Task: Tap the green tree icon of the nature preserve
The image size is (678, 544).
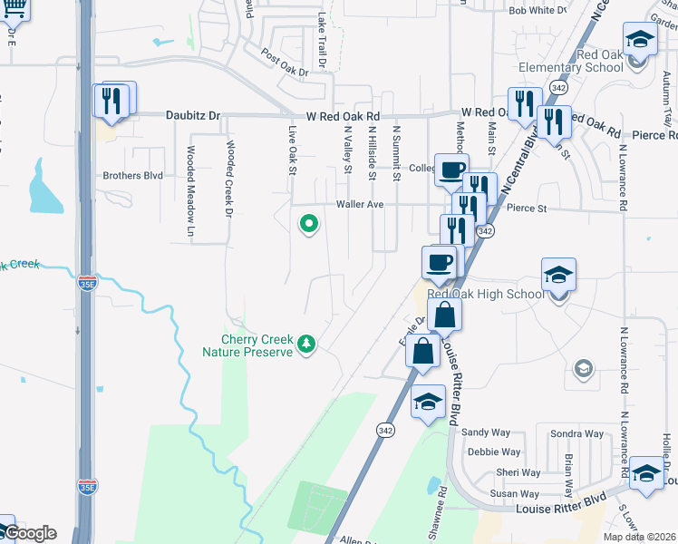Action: click(307, 344)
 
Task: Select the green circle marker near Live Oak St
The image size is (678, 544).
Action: click(309, 222)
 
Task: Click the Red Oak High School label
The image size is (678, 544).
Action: click(485, 293)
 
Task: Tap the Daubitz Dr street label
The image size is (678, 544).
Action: click(192, 116)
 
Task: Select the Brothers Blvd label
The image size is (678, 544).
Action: click(132, 176)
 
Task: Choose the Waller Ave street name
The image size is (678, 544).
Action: click(361, 205)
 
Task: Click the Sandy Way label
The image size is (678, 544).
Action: click(481, 433)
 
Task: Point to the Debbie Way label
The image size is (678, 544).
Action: click(494, 452)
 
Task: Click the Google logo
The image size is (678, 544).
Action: click(31, 533)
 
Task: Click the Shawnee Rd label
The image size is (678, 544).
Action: click(442, 502)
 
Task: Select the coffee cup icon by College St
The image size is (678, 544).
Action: click(450, 169)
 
